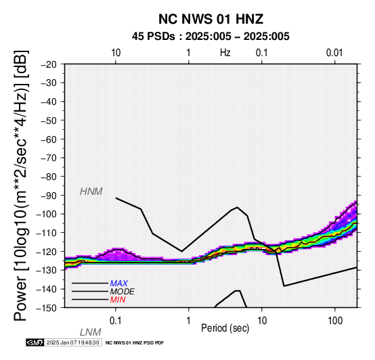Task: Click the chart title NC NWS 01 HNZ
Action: click(x=211, y=19)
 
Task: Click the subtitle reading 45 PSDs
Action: click(x=153, y=37)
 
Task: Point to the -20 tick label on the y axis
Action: click(x=49, y=64)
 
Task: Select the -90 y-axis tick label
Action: click(x=49, y=196)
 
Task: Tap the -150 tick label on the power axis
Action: click(x=47, y=308)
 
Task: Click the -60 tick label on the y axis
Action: click(x=49, y=139)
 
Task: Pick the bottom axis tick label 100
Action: click(x=335, y=321)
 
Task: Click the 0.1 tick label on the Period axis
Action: click(x=116, y=321)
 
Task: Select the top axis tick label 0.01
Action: click(x=334, y=53)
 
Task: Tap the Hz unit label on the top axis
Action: click(x=225, y=53)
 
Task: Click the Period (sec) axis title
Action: click(x=225, y=328)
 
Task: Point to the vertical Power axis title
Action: click(x=21, y=185)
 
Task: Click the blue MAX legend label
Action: click(x=119, y=284)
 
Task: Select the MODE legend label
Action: click(x=123, y=292)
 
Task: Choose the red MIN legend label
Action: click(x=118, y=300)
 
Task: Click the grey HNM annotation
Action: click(x=91, y=192)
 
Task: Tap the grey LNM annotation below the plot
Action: click(x=91, y=332)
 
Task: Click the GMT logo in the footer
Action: click(x=35, y=342)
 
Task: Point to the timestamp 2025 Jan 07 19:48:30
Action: click(x=72, y=342)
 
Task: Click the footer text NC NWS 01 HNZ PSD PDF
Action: click(x=135, y=343)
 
